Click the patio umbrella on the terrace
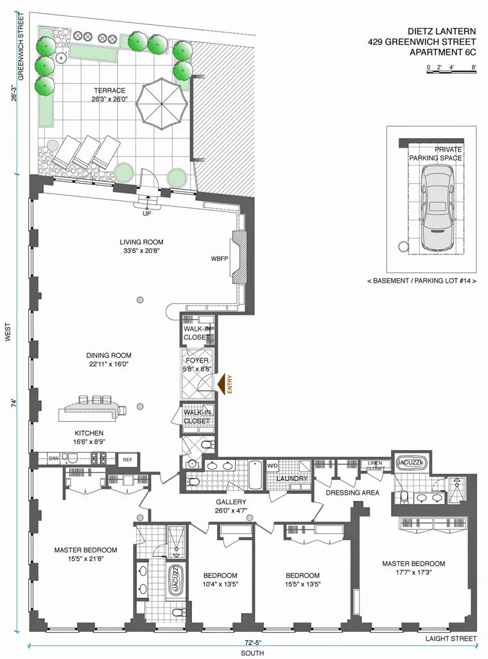(161, 102)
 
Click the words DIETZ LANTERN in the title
(442, 30)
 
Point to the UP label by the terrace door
(146, 214)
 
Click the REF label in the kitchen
(127, 459)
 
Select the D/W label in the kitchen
(53, 459)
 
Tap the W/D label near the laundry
(272, 466)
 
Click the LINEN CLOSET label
(374, 465)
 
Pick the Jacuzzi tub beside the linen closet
(409, 462)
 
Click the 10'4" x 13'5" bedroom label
(220, 580)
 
